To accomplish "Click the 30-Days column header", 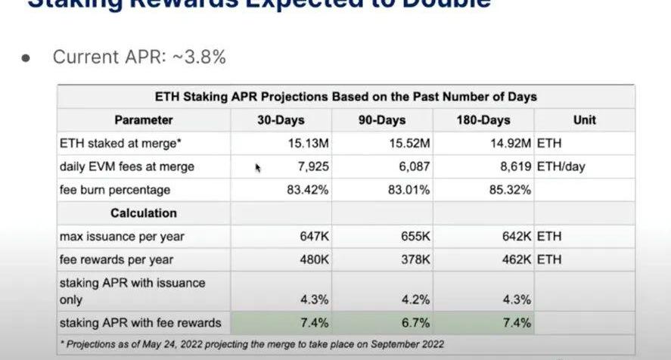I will pos(281,119).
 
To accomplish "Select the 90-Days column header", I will pos(382,119).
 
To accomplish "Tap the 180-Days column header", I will pos(483,119).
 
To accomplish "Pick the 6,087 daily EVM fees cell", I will pos(412,166).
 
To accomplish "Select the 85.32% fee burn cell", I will pos(510,190).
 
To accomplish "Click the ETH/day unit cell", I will pos(561,166).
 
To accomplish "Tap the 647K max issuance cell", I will pos(314,237).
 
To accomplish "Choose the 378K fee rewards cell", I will pos(416,259).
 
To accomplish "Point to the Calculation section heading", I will pos(144,213).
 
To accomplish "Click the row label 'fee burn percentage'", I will pos(115,190).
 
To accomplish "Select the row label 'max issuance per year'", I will pos(122,237).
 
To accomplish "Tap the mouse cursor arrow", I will pos(258,168).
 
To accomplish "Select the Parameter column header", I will pos(144,119).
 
